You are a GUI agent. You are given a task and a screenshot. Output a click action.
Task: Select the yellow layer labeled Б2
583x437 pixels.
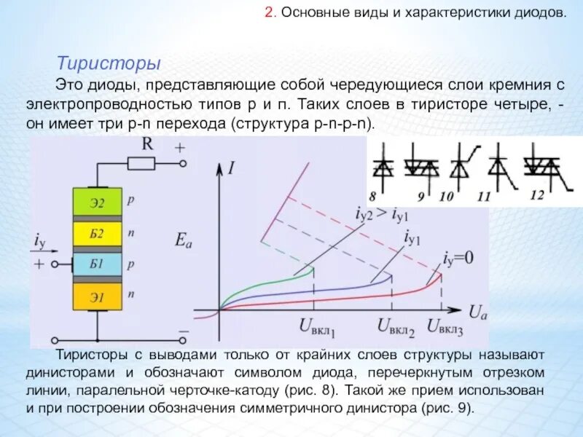pos(98,234)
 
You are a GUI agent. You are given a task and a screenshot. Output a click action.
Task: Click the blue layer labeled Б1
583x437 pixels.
pos(98,264)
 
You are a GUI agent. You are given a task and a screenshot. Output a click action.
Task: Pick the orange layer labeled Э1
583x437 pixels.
pos(98,296)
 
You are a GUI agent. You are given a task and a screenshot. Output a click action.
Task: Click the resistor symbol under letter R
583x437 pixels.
pos(141,164)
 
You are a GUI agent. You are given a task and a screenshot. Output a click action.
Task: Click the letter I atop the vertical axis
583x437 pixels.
pos(231,169)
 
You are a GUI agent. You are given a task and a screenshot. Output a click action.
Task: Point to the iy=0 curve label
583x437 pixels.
pos(458,258)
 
